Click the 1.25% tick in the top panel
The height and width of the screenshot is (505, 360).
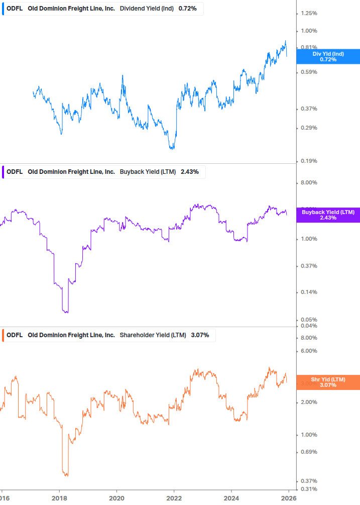click(308, 13)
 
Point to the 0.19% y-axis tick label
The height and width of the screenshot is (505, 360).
click(308, 161)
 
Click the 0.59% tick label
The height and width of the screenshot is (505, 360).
click(308, 72)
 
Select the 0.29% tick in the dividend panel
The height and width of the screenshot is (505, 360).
click(308, 128)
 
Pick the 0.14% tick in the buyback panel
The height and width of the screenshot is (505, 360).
click(308, 292)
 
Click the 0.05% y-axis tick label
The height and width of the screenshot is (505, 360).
click(308, 320)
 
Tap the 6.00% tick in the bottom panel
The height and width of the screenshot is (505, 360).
click(308, 351)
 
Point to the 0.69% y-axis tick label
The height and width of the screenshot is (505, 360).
click(308, 452)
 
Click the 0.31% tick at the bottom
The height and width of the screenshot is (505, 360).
click(308, 489)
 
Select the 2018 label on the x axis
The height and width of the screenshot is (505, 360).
click(59, 497)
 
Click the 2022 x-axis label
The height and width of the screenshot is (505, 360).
click(174, 497)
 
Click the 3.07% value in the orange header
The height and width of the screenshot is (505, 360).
click(200, 335)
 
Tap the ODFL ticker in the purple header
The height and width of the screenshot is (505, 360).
click(15, 172)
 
